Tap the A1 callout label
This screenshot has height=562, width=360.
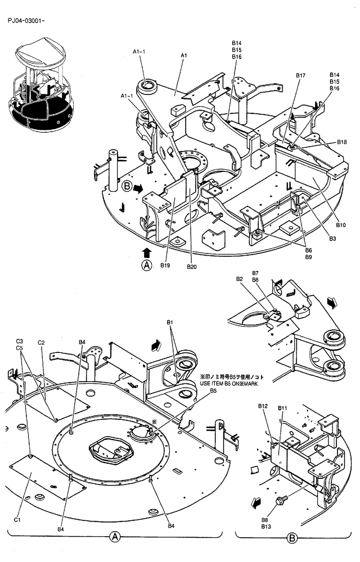click(184, 56)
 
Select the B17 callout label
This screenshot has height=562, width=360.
click(301, 75)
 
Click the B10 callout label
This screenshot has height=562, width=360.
click(341, 225)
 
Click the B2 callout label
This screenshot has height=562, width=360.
click(239, 279)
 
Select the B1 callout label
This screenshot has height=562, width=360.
click(170, 321)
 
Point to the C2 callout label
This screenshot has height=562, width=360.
click(41, 342)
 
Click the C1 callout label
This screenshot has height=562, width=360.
click(17, 519)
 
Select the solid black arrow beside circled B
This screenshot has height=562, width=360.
click(138, 188)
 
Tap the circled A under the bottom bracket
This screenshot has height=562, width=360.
click(115, 537)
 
